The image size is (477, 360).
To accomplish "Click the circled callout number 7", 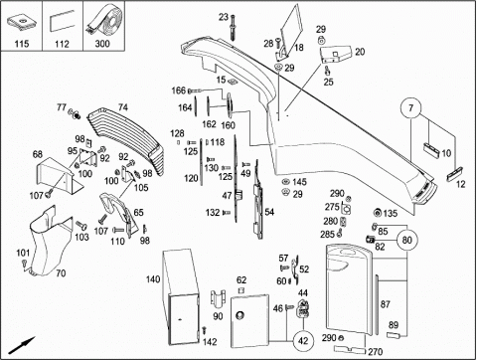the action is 410,108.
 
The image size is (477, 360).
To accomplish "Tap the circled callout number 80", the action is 406,240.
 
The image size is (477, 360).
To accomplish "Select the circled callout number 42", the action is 303,341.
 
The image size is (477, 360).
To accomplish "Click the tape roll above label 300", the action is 104,21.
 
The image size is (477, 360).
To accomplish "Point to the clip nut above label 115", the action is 22,23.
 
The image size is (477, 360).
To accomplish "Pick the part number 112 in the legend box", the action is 62,44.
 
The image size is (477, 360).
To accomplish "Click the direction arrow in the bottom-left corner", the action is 22,346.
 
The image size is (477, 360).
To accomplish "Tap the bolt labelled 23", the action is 233,28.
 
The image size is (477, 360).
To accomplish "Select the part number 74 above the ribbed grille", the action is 123,107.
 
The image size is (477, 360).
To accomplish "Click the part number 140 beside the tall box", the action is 153,279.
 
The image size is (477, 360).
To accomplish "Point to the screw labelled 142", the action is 204,330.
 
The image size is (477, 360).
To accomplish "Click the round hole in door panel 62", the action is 239,315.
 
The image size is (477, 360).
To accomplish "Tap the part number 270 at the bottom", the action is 375,351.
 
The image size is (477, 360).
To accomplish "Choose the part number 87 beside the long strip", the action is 386,304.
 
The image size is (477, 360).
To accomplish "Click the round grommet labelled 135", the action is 377,213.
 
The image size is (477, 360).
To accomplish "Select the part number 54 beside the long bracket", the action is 269,212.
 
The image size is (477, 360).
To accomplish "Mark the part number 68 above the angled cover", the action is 38,154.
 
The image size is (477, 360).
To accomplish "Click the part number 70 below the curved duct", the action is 61,273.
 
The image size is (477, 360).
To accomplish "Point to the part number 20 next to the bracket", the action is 360,52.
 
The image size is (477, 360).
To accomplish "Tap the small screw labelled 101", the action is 25,264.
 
